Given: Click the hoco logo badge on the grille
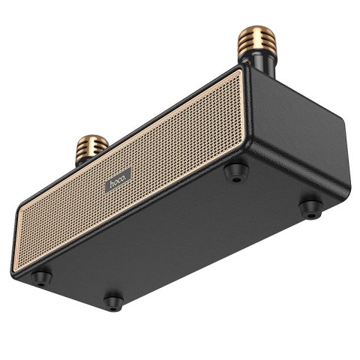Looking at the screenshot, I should (118, 178).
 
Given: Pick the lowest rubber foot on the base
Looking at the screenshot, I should (113, 301).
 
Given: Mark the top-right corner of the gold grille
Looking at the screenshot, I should (239, 70).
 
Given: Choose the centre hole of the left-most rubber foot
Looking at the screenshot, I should (41, 279).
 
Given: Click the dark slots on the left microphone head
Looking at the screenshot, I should (91, 148).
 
